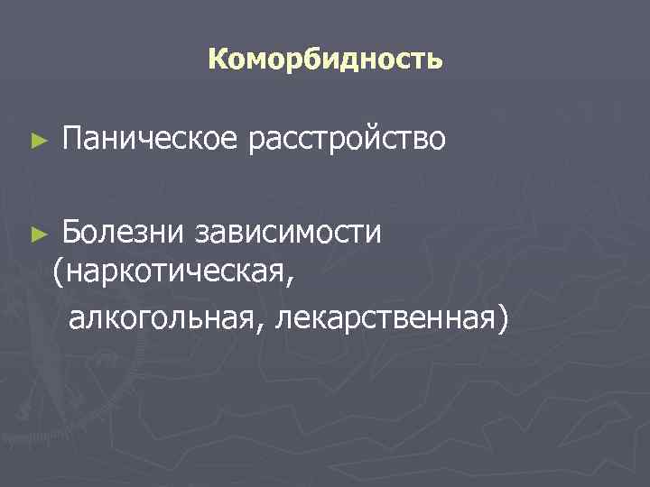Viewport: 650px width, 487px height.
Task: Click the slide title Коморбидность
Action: coord(325,60)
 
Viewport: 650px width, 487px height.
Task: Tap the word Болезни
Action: coord(123,233)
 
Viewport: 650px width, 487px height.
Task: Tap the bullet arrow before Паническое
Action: coord(36,141)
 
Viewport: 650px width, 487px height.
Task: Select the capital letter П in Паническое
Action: coord(71,140)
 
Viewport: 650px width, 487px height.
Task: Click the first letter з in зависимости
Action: coord(202,234)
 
